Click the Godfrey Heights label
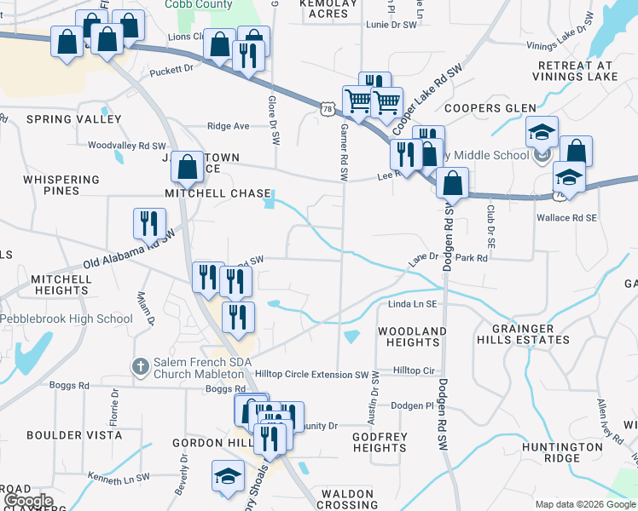click(x=380, y=442)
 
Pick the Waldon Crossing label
click(x=347, y=499)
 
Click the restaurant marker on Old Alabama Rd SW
click(x=149, y=223)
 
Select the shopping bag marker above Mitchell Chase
click(x=187, y=167)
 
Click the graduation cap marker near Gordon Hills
click(x=228, y=477)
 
